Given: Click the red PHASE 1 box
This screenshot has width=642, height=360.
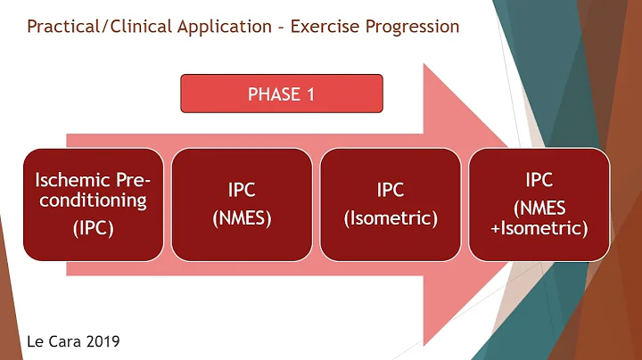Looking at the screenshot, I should click(x=281, y=94).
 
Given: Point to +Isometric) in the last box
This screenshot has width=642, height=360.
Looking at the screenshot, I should click(x=540, y=228).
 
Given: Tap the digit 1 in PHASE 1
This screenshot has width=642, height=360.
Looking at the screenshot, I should click(x=310, y=94).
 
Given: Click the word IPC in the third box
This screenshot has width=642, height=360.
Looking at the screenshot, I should click(x=390, y=191).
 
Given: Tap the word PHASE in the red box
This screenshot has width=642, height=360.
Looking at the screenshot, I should click(x=273, y=94).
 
